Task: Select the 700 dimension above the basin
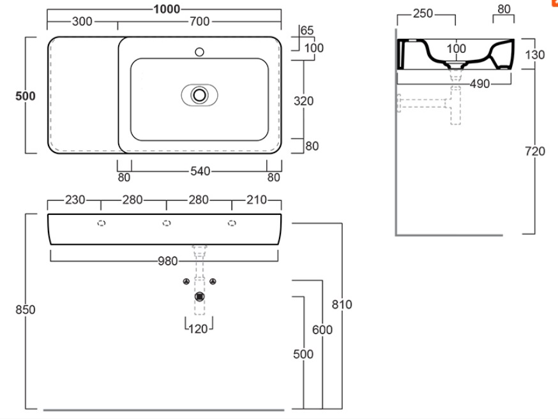pos(199,22)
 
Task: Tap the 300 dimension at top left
pos(81,22)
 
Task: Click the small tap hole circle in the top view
pos(199,51)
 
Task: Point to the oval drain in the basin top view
pos(199,96)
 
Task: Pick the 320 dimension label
pos(304,101)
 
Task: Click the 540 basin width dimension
pos(199,171)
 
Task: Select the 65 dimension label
pos(306,31)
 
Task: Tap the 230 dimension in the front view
pos(75,200)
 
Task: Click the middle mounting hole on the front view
pos(167,223)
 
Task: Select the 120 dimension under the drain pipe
pos(199,329)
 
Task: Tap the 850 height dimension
pos(25,310)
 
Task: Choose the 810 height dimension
pos(342,305)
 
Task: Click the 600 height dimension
pos(322,330)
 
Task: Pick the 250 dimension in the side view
pos(423,14)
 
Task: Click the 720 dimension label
pos(534,151)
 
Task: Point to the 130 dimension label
pos(534,55)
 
